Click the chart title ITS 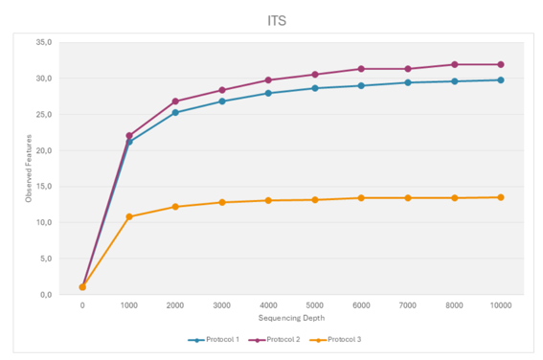pyautogui.click(x=277, y=21)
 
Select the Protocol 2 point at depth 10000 pyautogui.click(x=501, y=64)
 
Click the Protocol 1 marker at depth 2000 pyautogui.click(x=175, y=113)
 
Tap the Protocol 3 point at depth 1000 pyautogui.click(x=129, y=216)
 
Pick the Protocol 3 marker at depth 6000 pyautogui.click(x=361, y=198)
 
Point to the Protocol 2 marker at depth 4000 pyautogui.click(x=268, y=80)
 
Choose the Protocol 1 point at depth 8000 pyautogui.click(x=455, y=81)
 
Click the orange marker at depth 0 pyautogui.click(x=82, y=287)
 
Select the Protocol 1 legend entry pyautogui.click(x=214, y=340)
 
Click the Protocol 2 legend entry pyautogui.click(x=274, y=340)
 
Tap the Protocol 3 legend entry pyautogui.click(x=335, y=340)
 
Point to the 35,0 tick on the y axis pyautogui.click(x=44, y=42)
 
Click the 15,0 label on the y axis pyautogui.click(x=44, y=187)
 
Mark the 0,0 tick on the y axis pyautogui.click(x=46, y=295)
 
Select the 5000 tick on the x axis pyautogui.click(x=315, y=305)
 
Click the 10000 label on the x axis pyautogui.click(x=501, y=305)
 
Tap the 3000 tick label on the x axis pyautogui.click(x=222, y=305)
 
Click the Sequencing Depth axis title pyautogui.click(x=291, y=318)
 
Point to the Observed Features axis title pyautogui.click(x=29, y=169)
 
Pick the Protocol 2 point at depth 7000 pyautogui.click(x=408, y=69)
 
